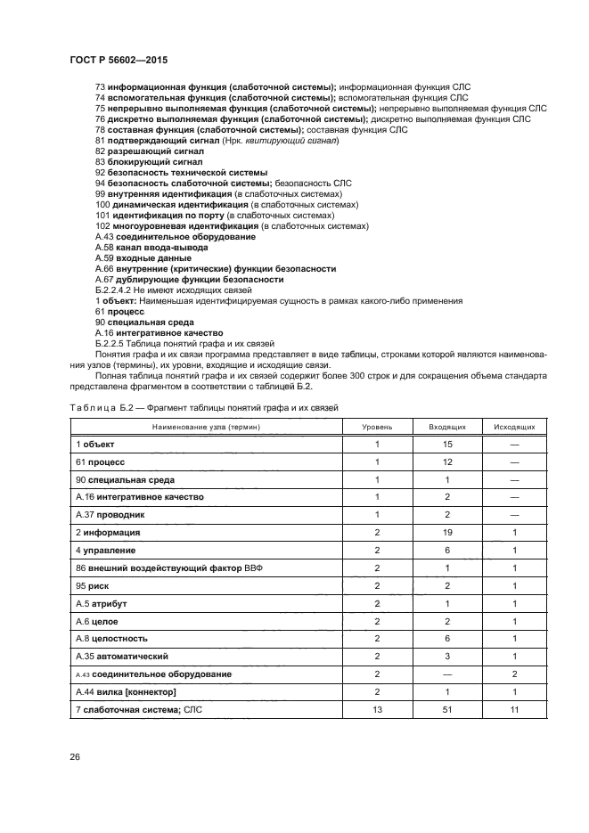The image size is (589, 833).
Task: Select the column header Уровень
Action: coord(377,428)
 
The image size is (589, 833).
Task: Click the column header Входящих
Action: coord(446,428)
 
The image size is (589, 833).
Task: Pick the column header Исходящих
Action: coord(514,428)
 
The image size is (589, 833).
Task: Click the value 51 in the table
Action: coord(446,709)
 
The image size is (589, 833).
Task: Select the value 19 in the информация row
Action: coord(446,532)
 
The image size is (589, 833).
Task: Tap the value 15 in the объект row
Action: coord(446,444)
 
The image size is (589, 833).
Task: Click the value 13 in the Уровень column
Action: coord(377,709)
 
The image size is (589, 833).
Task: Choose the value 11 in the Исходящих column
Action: coord(514,709)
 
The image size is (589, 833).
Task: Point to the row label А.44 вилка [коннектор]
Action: coord(126,691)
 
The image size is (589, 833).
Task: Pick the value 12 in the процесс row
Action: coord(446,461)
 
